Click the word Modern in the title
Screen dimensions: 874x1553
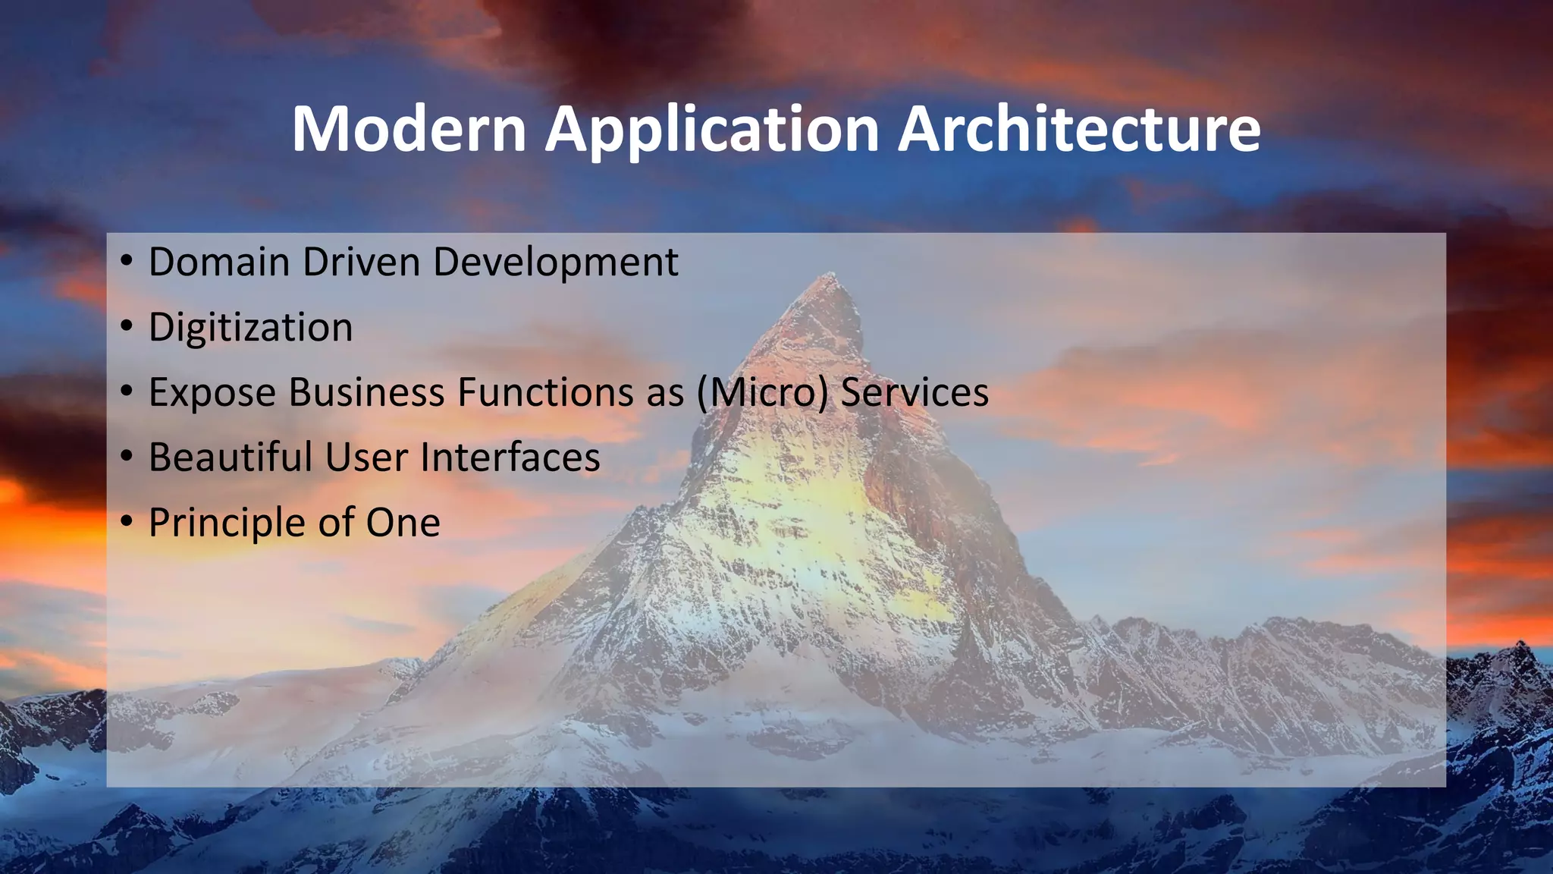[x=409, y=129]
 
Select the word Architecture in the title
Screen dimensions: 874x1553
[x=1079, y=129]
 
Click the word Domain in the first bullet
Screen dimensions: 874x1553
[x=219, y=263]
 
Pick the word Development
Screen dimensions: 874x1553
[x=555, y=263]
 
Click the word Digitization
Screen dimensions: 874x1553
[x=250, y=328]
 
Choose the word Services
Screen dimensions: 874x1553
[x=915, y=393]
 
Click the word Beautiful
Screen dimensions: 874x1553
[x=231, y=458]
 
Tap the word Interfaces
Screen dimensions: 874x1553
[x=510, y=458]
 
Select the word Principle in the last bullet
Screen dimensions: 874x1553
[x=225, y=523]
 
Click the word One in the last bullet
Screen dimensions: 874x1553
[x=403, y=523]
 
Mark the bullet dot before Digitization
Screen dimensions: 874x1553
[x=127, y=326]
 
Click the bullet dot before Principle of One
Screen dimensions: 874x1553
[x=127, y=522]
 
